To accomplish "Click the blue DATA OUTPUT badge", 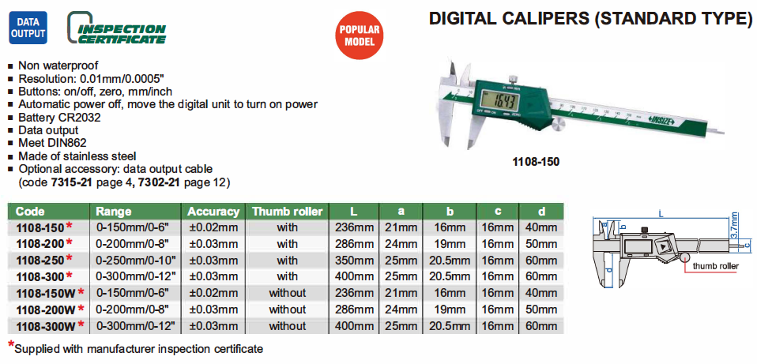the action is click(x=28, y=28).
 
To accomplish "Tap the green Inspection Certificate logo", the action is click(x=117, y=28).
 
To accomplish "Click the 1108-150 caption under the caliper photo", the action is click(x=536, y=162).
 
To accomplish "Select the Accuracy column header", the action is click(x=213, y=212).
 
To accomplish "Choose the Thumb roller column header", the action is click(x=288, y=212).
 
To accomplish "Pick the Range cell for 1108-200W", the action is click(x=135, y=310).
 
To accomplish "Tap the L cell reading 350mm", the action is click(x=354, y=261).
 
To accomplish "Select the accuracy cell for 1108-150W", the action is click(x=213, y=293).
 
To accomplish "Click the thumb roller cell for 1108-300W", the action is click(x=288, y=326).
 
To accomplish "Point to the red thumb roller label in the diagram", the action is click(x=715, y=266).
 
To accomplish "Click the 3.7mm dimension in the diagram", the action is click(x=735, y=226).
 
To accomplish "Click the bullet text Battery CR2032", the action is click(x=59, y=118).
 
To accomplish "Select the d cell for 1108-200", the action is click(x=540, y=244).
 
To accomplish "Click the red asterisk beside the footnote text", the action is click(x=11, y=344).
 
